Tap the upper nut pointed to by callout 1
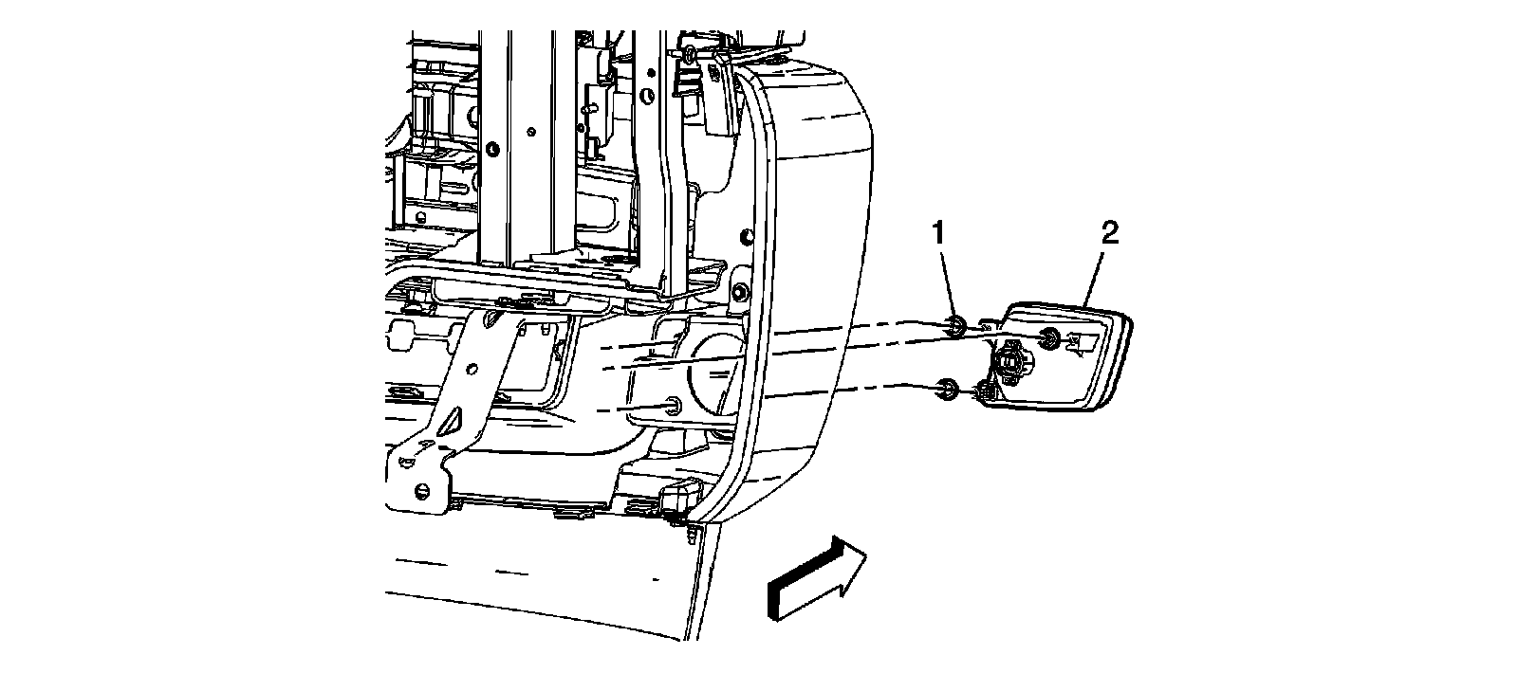point(955,327)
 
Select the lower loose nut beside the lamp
point(946,388)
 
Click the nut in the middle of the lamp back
point(1050,339)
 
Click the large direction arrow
point(816,580)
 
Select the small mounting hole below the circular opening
point(672,407)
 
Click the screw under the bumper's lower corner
point(690,536)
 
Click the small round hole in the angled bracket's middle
point(490,324)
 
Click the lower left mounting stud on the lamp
point(985,391)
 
